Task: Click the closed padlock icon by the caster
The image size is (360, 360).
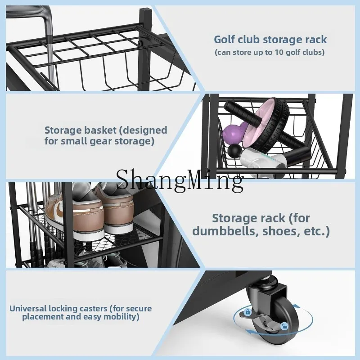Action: [247, 312]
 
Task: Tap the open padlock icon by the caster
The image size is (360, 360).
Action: [284, 326]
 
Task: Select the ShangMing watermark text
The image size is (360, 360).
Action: [180, 181]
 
